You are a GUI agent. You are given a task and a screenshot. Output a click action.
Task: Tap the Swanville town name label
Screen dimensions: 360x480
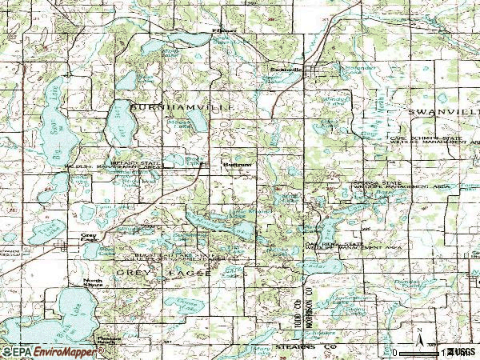(x=286, y=70)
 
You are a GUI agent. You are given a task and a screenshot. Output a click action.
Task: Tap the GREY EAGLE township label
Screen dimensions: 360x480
(x=165, y=274)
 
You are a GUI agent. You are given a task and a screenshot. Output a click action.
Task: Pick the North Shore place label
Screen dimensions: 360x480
(x=94, y=282)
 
